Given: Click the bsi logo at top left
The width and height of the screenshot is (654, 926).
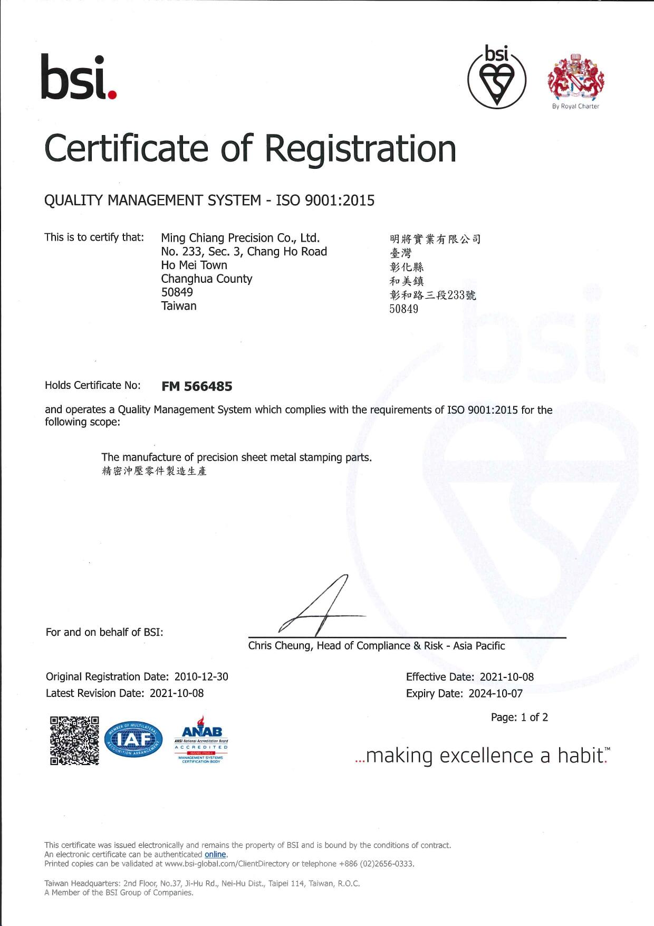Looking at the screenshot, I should tap(78, 78).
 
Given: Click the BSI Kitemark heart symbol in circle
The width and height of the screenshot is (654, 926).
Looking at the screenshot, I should tap(497, 79).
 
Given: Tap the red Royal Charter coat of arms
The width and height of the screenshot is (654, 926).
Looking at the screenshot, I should tap(576, 78).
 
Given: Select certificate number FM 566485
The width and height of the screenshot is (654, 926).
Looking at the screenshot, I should tap(197, 386).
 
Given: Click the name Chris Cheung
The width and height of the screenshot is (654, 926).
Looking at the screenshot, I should tap(280, 646).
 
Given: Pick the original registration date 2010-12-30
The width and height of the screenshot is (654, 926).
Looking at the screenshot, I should tap(201, 676).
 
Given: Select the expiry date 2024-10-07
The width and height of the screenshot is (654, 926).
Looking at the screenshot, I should tap(495, 693).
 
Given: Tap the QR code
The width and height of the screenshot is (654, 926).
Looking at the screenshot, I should tap(74, 740).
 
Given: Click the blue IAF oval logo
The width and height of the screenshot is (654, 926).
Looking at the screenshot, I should tap(134, 740).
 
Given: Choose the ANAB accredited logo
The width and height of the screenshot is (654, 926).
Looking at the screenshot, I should tap(201, 740).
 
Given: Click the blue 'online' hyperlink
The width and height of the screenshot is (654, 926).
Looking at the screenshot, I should tap(215, 854).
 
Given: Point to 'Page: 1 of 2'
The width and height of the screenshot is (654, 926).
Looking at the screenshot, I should tap(520, 717).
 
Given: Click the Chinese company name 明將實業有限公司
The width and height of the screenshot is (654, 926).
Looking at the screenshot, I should tap(435, 240).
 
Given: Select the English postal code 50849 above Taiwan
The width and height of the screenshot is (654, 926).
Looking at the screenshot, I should tap(177, 292).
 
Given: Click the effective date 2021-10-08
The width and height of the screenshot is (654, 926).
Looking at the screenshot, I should tap(506, 677).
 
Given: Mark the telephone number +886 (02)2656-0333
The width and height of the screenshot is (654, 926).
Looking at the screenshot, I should tap(376, 864).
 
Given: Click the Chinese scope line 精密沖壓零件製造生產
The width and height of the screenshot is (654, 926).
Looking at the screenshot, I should tap(154, 471).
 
